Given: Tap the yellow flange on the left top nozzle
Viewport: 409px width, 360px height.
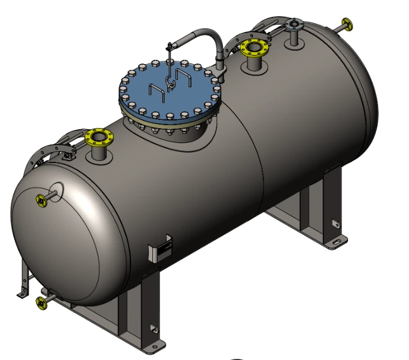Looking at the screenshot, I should (x=97, y=139).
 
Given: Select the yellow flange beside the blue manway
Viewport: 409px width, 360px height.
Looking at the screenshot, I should (x=253, y=48).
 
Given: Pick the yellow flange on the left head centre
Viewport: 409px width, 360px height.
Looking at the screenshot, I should (x=41, y=200).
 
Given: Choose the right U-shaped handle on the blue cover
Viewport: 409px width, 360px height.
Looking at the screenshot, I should (x=186, y=77).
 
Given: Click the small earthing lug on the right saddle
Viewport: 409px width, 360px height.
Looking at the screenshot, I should (x=334, y=224).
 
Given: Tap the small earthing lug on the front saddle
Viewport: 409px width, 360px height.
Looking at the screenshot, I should (x=152, y=327).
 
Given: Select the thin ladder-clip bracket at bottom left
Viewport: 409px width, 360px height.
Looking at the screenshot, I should (x=24, y=279).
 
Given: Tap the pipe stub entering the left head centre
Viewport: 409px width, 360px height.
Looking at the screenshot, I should (x=55, y=193).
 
